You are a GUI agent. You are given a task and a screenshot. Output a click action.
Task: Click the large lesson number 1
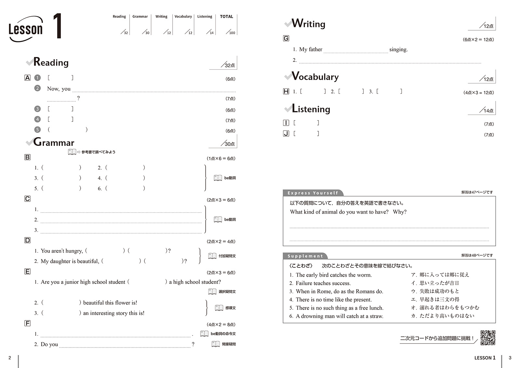[57, 26]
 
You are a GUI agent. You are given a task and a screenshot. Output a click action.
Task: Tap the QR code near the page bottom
[488, 338]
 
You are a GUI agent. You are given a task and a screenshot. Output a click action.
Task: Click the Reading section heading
[51, 62]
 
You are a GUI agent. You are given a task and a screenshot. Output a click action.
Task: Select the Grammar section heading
[54, 142]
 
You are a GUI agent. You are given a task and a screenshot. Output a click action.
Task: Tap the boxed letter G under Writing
[286, 38]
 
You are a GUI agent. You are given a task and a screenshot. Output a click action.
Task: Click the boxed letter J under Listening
[286, 134]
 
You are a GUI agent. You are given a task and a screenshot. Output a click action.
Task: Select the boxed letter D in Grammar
[28, 240]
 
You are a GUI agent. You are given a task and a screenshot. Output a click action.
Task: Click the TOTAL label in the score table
[227, 17]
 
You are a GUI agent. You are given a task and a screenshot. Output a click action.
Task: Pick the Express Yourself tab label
[313, 193]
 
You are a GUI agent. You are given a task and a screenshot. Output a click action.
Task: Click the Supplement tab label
[305, 256]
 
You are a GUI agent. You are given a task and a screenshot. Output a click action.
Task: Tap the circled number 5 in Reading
[38, 130]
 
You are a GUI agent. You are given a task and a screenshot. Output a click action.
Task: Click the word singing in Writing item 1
[398, 50]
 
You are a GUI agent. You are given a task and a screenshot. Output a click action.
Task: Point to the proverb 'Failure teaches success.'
[323, 283]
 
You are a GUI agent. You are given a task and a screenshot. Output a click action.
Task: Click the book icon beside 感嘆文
[219, 308]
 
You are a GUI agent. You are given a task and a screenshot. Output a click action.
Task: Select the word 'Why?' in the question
[400, 212]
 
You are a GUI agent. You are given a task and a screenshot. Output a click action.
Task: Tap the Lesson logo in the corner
[25, 29]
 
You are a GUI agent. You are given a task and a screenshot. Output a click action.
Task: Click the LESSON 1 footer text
[485, 358]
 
